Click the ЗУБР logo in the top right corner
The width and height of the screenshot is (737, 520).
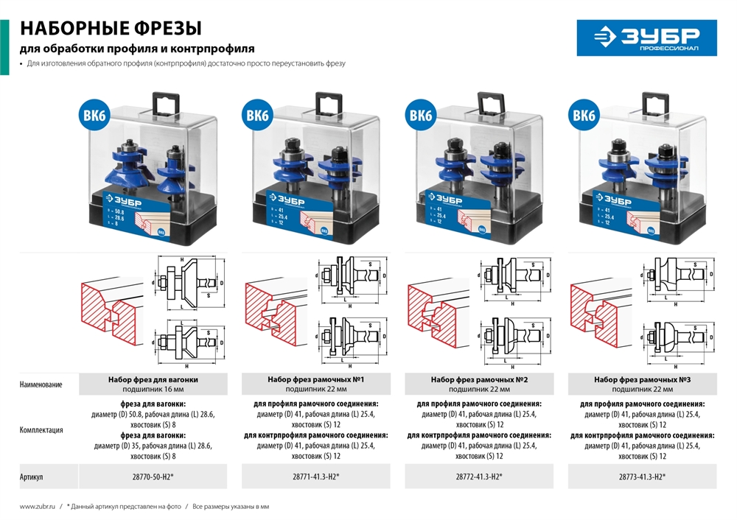pyautogui.click(x=646, y=38)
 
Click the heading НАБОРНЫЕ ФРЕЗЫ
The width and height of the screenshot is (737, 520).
pyautogui.click(x=111, y=29)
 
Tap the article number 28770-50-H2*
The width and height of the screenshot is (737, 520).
pyautogui.click(x=152, y=477)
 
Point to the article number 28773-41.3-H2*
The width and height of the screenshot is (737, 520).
pyautogui.click(x=641, y=477)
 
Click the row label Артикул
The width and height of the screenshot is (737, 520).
pyautogui.click(x=31, y=477)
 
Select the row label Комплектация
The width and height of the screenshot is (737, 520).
pyautogui.click(x=41, y=430)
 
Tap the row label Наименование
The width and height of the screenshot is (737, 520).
pyautogui.click(x=41, y=384)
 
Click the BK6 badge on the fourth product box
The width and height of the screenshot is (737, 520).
pyautogui.click(x=584, y=116)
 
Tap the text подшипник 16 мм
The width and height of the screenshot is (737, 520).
pyautogui.click(x=153, y=389)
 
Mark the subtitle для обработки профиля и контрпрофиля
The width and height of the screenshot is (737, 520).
pyautogui.click(x=137, y=49)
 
